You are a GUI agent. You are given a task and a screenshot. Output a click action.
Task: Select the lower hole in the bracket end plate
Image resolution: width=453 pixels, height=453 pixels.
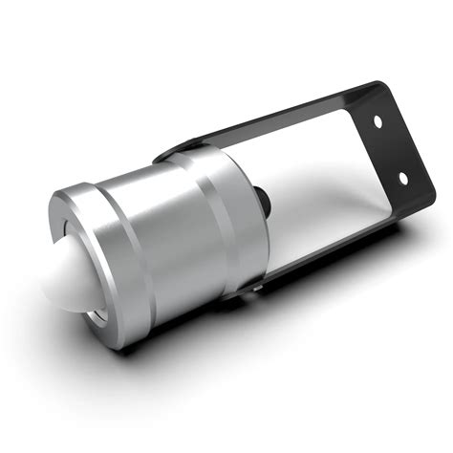[402, 175]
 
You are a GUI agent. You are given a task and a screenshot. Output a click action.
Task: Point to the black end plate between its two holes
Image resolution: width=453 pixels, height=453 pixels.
[391, 149]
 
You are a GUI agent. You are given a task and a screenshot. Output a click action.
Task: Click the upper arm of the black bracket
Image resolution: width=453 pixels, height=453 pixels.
[287, 116]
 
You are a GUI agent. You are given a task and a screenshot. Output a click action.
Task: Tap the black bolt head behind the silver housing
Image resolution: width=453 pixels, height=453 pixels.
[260, 197]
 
